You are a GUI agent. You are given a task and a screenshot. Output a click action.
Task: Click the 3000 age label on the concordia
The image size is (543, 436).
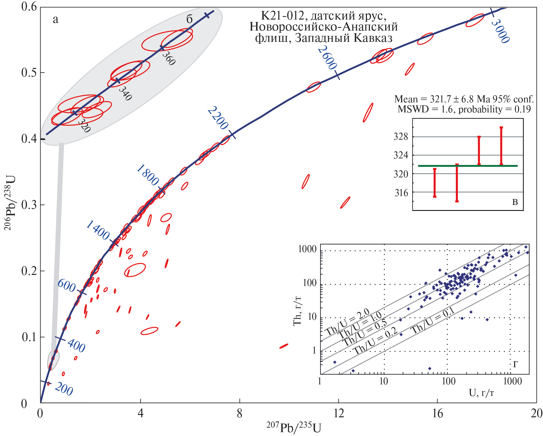pyautogui.click(x=500, y=31)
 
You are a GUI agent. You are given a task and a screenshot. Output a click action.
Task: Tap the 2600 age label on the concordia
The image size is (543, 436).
pyautogui.click(x=327, y=58)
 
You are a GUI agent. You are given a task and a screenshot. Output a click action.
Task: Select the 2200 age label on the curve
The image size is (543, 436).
pyautogui.click(x=218, y=118)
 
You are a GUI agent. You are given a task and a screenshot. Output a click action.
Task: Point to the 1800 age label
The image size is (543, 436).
pyautogui.click(x=148, y=176)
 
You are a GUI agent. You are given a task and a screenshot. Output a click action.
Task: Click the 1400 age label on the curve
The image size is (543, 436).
pyautogui.click(x=98, y=230)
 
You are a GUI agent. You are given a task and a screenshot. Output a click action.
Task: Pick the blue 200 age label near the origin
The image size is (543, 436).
pyautogui.click(x=64, y=389)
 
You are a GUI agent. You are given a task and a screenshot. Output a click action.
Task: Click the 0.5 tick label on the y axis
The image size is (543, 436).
pyautogui.click(x=29, y=73)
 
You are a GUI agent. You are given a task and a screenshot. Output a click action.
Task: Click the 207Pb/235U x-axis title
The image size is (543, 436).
pyautogui.click(x=293, y=427)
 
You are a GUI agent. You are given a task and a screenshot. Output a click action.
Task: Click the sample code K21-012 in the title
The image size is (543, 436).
pyautogui.click(x=282, y=15)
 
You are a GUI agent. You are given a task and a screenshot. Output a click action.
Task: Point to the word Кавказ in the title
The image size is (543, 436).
pyautogui.click(x=373, y=38)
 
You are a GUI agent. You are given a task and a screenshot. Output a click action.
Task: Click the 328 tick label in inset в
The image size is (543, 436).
pyautogui.click(x=401, y=137)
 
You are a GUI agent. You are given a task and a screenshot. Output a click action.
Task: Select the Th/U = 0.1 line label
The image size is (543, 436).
pyautogui.click(x=432, y=321)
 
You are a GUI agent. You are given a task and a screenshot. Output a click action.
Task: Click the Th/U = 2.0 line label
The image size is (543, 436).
pyautogui.click(x=347, y=322)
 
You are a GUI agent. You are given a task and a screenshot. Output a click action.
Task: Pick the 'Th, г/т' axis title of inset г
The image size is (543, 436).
pyautogui.click(x=297, y=311)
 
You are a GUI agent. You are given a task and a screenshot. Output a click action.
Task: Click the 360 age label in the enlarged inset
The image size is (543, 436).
pyautogui.click(x=169, y=58)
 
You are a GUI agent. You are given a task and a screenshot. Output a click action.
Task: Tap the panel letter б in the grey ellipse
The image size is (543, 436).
pyautogui.click(x=189, y=19)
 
